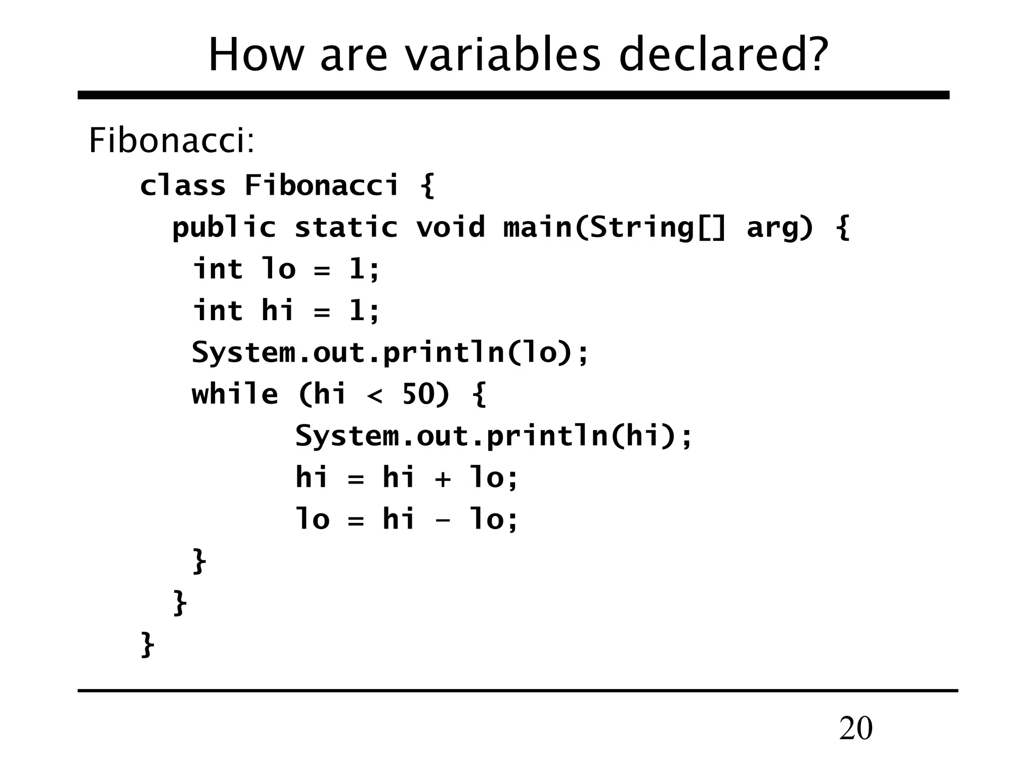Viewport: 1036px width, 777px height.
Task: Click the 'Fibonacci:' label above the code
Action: (x=171, y=140)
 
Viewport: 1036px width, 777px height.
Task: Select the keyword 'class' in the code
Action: (x=183, y=185)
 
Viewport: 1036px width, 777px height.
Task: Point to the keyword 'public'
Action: (x=224, y=227)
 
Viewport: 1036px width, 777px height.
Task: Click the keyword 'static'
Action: (x=346, y=227)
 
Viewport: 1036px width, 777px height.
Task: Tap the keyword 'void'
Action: (x=450, y=227)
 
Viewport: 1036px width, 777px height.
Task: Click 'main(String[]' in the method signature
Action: (x=615, y=227)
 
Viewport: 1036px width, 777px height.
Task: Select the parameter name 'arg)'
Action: (x=780, y=227)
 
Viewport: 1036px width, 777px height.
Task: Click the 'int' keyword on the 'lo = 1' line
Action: (x=218, y=269)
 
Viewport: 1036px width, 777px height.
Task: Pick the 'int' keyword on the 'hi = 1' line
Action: (x=218, y=311)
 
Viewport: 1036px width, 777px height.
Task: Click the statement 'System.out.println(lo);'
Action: (x=390, y=352)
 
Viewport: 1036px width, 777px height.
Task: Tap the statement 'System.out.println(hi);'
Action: (x=494, y=436)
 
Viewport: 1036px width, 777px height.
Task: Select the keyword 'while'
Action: (x=235, y=394)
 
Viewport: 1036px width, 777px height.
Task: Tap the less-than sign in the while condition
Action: (x=374, y=395)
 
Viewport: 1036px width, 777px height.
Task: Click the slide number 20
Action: (x=855, y=729)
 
